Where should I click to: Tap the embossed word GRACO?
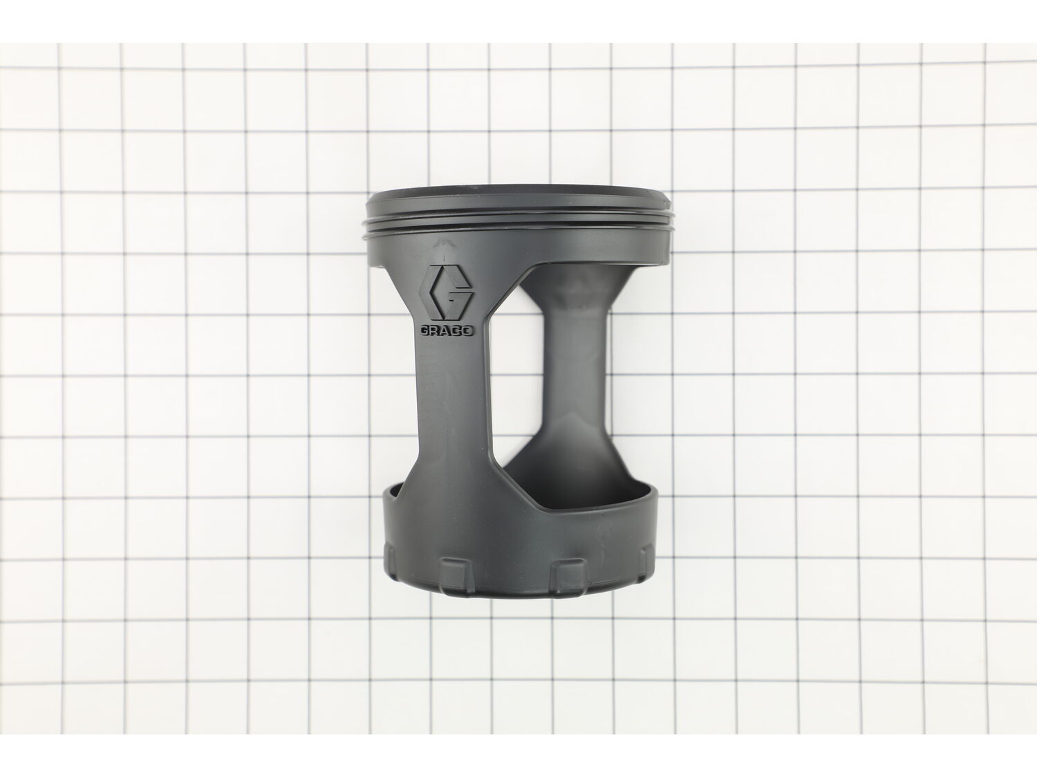(x=447, y=331)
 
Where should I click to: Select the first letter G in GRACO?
(x=424, y=331)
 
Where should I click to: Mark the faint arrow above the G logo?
(x=443, y=245)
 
